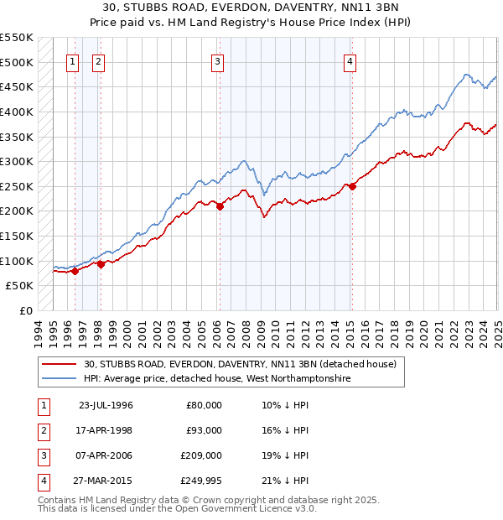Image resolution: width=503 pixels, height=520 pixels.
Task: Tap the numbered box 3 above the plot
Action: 217,60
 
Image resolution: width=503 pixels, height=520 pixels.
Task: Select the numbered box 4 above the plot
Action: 350,60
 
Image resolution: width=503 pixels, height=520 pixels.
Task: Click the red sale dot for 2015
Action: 353,187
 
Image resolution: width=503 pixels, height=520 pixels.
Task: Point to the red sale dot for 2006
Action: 220,206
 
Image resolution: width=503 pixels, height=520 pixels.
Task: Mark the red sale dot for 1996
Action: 75,271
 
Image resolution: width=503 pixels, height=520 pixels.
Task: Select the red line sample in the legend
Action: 60,363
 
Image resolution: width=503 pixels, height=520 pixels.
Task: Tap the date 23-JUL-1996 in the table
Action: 106,405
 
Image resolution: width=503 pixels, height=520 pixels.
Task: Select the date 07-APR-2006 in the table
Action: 106,455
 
